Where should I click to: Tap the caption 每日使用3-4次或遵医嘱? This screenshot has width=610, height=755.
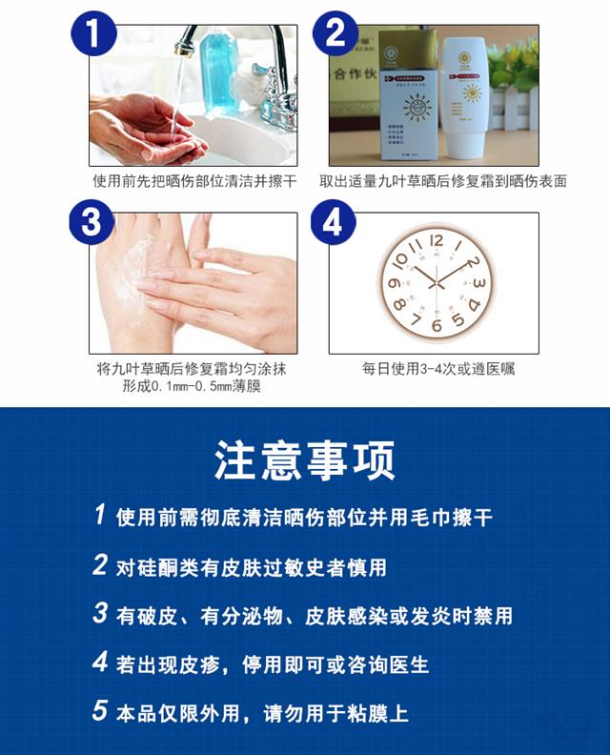(437, 369)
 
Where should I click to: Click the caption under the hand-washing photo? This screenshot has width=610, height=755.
(194, 180)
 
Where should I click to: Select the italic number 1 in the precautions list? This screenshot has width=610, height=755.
(100, 516)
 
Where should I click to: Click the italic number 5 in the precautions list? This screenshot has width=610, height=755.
(100, 710)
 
